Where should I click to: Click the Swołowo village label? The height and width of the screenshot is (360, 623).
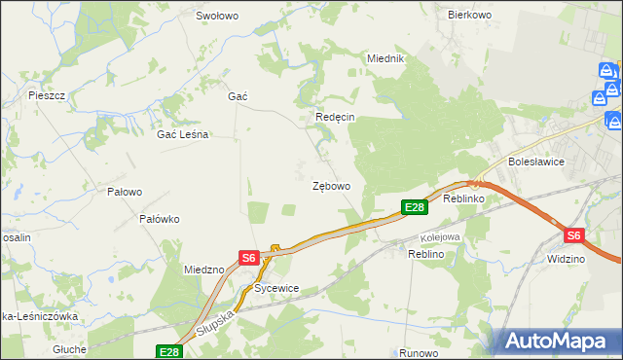[x=217, y=16]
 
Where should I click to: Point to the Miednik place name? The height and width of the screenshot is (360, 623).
[x=385, y=58]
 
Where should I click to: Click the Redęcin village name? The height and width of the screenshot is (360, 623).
[x=335, y=117]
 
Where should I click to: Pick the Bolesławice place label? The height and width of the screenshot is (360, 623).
[x=535, y=162]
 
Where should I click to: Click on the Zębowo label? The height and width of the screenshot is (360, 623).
[x=331, y=185]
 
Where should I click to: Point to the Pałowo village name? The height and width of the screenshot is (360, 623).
[x=125, y=192]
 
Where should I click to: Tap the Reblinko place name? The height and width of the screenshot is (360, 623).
[x=463, y=198]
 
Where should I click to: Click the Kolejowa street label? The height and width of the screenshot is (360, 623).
[x=439, y=236]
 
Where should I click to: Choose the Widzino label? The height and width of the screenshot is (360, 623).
[x=566, y=259]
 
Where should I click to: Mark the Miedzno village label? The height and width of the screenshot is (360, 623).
[x=204, y=269]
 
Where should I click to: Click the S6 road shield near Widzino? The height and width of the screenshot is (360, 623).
[x=573, y=235]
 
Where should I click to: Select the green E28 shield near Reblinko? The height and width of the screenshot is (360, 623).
[x=415, y=207]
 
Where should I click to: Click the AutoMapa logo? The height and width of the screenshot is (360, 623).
[x=558, y=341]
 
